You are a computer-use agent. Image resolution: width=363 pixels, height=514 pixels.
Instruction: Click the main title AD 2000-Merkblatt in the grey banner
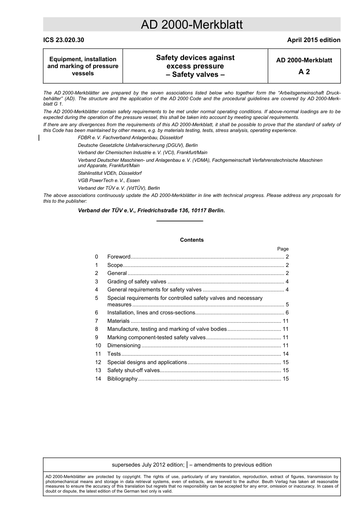click(x=191, y=25)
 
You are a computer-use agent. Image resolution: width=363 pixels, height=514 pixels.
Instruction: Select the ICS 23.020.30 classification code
click(x=63, y=40)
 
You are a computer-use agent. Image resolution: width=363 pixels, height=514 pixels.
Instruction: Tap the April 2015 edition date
click(x=313, y=40)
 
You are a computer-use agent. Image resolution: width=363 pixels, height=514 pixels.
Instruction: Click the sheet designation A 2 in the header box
click(x=304, y=72)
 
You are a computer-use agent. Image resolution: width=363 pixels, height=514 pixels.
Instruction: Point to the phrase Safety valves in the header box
click(x=195, y=75)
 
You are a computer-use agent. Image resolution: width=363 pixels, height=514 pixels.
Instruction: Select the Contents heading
click(x=192, y=240)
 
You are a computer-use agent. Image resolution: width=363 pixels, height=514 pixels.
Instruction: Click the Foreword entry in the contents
click(x=119, y=257)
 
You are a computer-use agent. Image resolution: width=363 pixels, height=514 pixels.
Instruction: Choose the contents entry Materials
click(x=118, y=321)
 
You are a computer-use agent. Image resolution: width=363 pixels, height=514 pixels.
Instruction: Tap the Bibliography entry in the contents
click(x=122, y=379)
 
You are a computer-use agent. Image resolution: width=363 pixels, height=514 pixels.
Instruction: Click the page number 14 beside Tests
click(x=285, y=354)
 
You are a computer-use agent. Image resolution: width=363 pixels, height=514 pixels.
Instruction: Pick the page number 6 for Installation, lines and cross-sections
click(x=287, y=312)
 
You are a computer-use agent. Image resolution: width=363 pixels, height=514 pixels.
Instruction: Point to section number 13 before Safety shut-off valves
click(x=98, y=370)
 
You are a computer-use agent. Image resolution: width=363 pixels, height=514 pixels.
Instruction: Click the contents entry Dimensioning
click(x=124, y=345)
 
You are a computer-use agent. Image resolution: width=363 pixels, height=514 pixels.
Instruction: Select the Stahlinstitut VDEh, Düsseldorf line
click(x=110, y=173)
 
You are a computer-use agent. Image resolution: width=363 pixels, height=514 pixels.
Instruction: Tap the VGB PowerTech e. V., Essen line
click(x=109, y=181)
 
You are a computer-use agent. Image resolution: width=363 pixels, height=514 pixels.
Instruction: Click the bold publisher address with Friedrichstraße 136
click(x=151, y=210)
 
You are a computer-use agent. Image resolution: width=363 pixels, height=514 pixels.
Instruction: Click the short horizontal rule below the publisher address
click(x=180, y=221)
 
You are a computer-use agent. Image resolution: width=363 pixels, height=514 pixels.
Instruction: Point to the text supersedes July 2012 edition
click(x=148, y=465)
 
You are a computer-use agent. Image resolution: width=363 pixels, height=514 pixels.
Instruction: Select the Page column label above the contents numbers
click(x=283, y=249)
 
